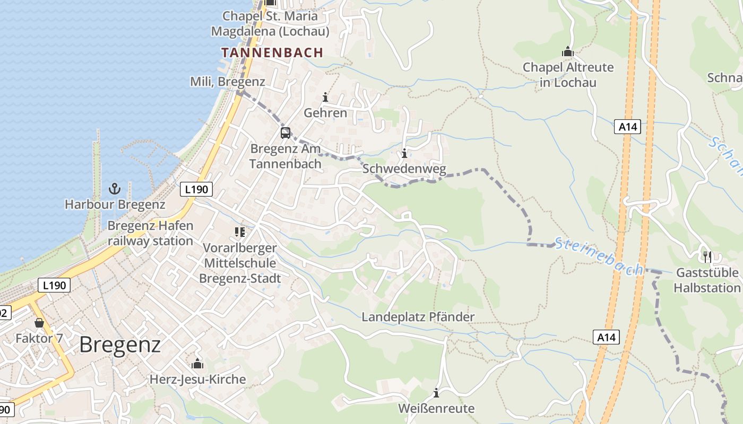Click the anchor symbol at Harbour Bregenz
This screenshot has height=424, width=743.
click(115, 188)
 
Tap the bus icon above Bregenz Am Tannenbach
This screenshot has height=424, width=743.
click(286, 132)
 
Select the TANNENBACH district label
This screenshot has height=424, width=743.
click(272, 52)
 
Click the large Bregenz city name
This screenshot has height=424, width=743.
click(120, 344)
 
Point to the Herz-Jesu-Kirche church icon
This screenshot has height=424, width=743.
click(197, 364)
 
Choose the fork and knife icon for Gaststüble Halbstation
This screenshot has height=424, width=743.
click(707, 257)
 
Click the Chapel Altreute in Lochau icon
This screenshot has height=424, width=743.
click(568, 52)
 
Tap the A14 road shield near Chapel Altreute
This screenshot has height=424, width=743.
click(627, 127)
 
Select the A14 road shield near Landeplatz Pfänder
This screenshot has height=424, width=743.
click(606, 337)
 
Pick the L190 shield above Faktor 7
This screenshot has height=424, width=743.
click(54, 285)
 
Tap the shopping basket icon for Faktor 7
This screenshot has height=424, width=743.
click(39, 322)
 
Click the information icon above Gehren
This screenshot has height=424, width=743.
click(325, 97)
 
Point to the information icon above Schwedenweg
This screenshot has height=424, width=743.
click(404, 154)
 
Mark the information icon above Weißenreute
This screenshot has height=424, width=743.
click(436, 393)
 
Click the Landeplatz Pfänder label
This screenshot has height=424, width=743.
click(418, 317)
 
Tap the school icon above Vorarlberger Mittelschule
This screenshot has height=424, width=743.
click(240, 232)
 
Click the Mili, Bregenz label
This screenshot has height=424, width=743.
click(227, 82)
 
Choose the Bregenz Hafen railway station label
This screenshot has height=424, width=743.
click(150, 233)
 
